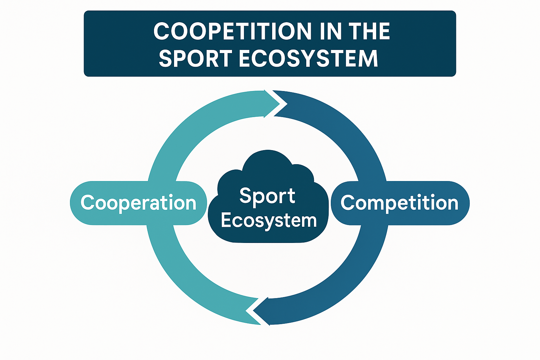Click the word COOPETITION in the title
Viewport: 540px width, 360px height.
coord(232,31)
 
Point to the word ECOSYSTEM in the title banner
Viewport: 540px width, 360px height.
coord(308,58)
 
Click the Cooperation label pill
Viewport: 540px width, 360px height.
coord(138,203)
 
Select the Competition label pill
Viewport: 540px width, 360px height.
coord(400,203)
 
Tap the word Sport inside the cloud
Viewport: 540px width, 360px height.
coord(267,196)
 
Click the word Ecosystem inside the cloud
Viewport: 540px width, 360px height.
coord(269,221)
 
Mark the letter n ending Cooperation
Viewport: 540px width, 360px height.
coord(190,204)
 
